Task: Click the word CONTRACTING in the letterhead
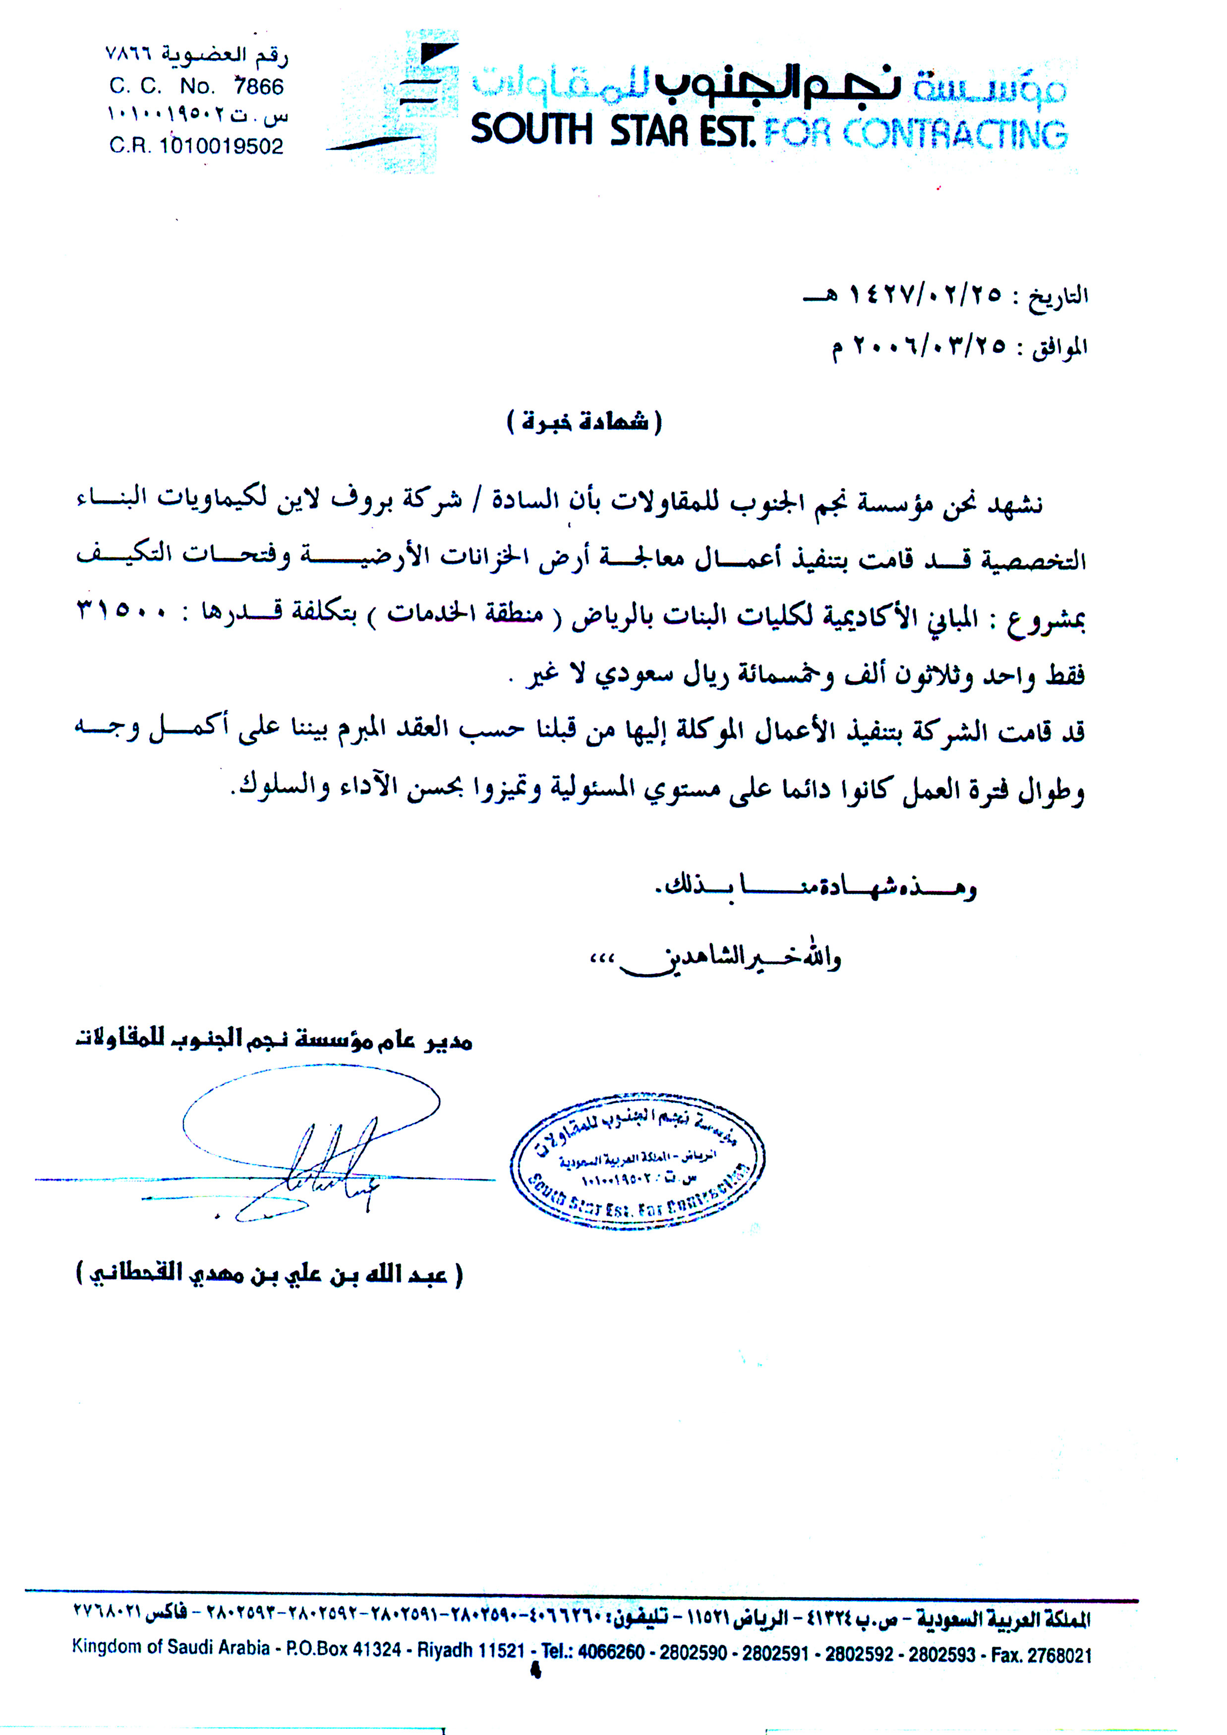(955, 134)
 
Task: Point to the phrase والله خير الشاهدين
(725, 958)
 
